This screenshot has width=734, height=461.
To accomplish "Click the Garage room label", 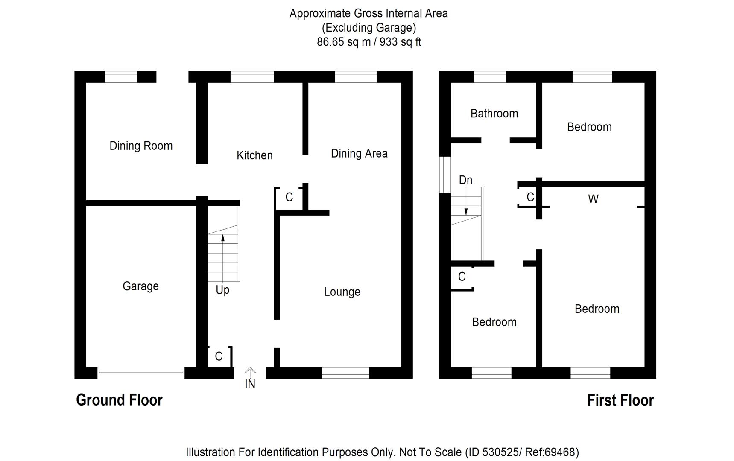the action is click(140, 286).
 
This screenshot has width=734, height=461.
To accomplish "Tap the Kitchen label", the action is click(254, 155).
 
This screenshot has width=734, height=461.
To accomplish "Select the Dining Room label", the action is click(141, 146).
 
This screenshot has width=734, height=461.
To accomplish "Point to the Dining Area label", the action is click(359, 153).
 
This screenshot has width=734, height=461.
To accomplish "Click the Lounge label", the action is click(342, 292).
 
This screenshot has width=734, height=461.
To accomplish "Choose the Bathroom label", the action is click(494, 113).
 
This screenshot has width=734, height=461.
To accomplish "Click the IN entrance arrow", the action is click(250, 372).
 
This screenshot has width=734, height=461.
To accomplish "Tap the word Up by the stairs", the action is click(222, 290).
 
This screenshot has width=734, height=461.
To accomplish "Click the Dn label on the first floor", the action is click(465, 180).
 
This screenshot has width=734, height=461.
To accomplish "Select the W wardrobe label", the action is click(593, 199).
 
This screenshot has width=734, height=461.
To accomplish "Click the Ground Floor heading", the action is click(119, 400).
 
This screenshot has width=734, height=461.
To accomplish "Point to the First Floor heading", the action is click(620, 400).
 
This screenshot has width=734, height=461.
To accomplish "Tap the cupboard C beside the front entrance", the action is click(219, 356).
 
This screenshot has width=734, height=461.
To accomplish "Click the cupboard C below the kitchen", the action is click(289, 197).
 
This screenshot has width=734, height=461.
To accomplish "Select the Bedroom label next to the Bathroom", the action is click(589, 127).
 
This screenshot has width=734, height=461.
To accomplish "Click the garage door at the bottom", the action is click(141, 372).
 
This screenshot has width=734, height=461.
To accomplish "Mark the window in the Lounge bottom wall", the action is click(345, 373).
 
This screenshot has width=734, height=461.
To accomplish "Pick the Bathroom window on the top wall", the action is click(490, 77).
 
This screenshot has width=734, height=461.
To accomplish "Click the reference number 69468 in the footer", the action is click(560, 452).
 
